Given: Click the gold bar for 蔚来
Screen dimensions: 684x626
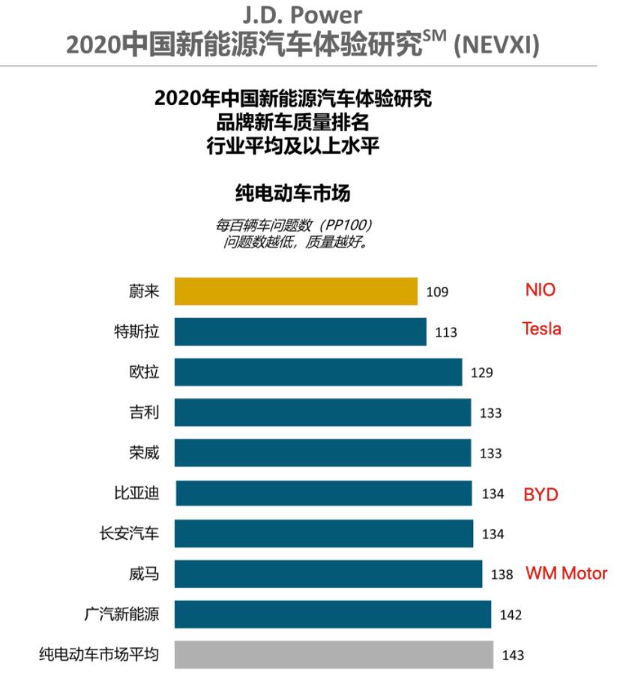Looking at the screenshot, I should pyautogui.click(x=296, y=291).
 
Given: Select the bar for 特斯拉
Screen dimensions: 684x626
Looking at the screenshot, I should pyautogui.click(x=301, y=331).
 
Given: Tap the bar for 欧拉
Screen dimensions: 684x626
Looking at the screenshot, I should pyautogui.click(x=318, y=372).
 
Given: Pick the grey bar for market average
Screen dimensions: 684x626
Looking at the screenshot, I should pyautogui.click(x=334, y=655).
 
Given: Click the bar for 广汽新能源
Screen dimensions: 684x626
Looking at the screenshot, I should pyautogui.click(x=333, y=615).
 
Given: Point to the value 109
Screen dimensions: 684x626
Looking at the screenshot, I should pyautogui.click(x=437, y=292).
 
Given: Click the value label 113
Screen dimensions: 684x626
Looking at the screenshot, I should pyautogui.click(x=446, y=332).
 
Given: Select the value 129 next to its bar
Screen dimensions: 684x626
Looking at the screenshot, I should pyautogui.click(x=481, y=373).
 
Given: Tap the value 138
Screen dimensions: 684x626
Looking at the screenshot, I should pyautogui.click(x=502, y=575).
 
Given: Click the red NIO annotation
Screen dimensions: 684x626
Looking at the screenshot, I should pyautogui.click(x=541, y=290).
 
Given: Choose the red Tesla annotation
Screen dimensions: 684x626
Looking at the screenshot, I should pyautogui.click(x=541, y=328).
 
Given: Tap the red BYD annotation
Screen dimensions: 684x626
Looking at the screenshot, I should pyautogui.click(x=541, y=494).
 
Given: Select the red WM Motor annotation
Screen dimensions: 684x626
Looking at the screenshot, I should pyautogui.click(x=566, y=574).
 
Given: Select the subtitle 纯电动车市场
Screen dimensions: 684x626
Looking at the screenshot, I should pyautogui.click(x=293, y=193).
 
